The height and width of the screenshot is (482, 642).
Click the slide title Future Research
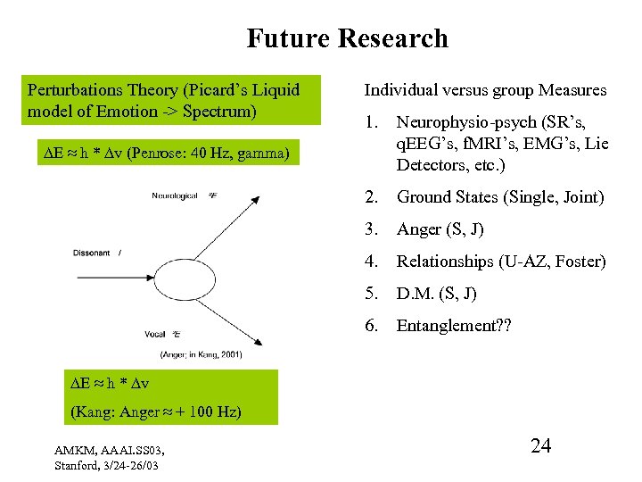pos(347,38)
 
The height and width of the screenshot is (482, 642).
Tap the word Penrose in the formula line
pos(157,154)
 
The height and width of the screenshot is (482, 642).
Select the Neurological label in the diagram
pos(174,195)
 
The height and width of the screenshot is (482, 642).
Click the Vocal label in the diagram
pos(154,333)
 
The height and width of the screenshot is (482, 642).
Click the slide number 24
pos(540,445)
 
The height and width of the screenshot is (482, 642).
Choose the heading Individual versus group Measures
pos(485,90)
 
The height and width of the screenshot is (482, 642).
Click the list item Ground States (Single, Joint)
pos(500,197)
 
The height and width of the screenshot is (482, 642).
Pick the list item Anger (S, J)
pos(440,229)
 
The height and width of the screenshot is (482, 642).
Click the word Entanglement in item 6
pos(447,326)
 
